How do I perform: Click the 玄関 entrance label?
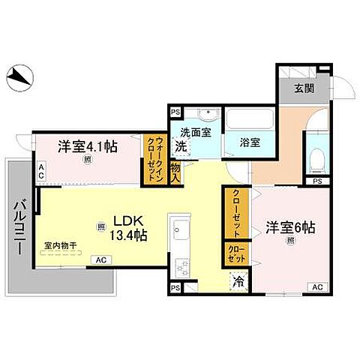tap(303, 88)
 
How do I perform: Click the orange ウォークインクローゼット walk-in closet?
tap(157, 160)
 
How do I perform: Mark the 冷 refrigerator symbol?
tap(237, 283)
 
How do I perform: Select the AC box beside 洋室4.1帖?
tap(42, 171)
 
